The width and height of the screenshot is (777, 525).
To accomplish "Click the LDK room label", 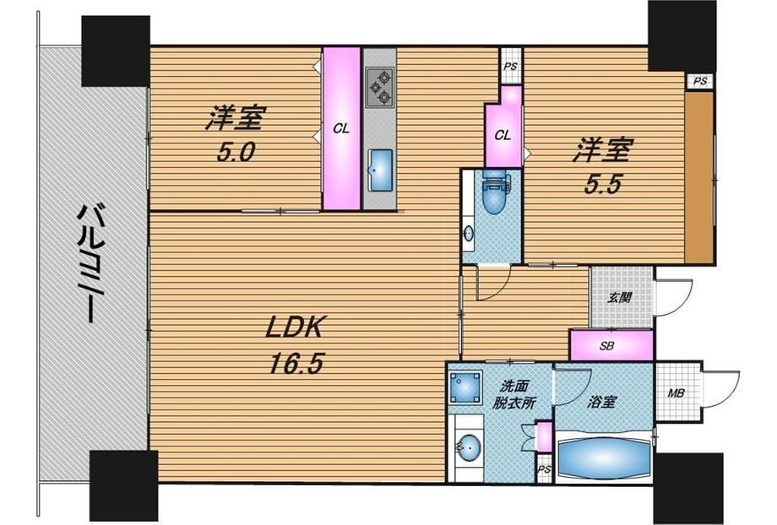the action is click(x=295, y=328).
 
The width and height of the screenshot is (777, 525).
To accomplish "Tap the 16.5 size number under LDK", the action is click(x=296, y=365).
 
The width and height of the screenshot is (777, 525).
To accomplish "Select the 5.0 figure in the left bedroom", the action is click(x=236, y=153).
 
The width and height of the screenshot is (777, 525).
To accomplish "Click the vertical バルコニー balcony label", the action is click(x=90, y=264).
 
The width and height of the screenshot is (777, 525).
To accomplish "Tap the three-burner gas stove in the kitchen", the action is click(x=379, y=88).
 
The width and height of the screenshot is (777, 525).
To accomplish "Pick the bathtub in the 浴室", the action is click(x=603, y=458).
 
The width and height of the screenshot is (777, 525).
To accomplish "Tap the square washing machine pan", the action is click(x=466, y=387).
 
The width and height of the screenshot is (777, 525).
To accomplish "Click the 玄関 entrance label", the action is click(x=619, y=298).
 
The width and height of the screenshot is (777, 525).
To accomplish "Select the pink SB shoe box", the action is click(x=611, y=344).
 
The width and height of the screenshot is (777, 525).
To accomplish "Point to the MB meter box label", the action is click(x=676, y=393).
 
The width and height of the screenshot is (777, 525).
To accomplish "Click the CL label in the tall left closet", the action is click(x=341, y=129).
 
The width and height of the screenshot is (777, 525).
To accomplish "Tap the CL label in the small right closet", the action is click(x=503, y=135).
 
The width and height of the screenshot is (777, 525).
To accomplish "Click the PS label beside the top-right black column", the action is click(x=699, y=82).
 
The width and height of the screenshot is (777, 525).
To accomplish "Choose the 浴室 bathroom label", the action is click(x=601, y=402).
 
